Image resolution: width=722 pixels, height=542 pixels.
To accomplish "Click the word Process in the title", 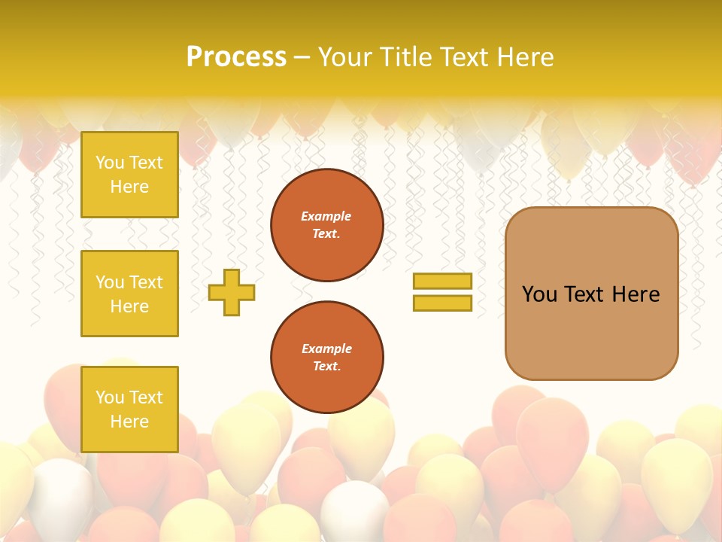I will coord(236,57).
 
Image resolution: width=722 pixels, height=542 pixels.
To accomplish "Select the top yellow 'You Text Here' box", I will coord(129,175).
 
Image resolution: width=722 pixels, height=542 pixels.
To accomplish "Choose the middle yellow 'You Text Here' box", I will coord(129,294).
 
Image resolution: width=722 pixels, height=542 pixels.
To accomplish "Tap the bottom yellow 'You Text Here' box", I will coord(129,410).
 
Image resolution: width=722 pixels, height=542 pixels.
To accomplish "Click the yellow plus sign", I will coord(232,292).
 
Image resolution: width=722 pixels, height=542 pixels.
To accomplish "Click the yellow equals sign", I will coord(442,292).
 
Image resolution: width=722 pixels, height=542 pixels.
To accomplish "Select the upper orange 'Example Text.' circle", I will coord(327,225).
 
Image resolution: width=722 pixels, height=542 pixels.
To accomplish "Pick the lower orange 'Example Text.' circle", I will coord(327,358).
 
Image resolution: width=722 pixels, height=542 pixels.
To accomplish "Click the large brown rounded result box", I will coord(591,331).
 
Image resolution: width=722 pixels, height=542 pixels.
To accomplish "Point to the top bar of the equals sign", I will coord(442,282).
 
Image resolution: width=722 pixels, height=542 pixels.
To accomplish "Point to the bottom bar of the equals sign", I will coord(442,303).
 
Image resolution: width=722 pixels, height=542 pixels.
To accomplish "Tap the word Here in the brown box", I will coord(636,294).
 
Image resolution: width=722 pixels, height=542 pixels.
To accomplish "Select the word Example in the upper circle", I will coord(326,217).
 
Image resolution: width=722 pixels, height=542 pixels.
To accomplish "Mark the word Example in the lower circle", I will coord(326,349).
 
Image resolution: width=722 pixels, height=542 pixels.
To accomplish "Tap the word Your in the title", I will coord(343,57).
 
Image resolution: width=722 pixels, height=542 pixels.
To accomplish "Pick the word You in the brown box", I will coord(539,294).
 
